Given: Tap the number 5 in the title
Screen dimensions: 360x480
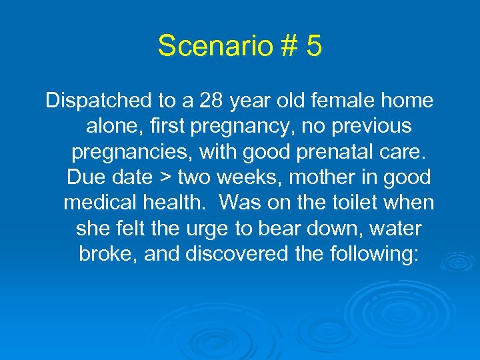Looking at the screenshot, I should point(314,45).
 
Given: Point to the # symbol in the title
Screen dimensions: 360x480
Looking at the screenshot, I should point(287,45).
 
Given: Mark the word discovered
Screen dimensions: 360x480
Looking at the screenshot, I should point(222,253).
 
